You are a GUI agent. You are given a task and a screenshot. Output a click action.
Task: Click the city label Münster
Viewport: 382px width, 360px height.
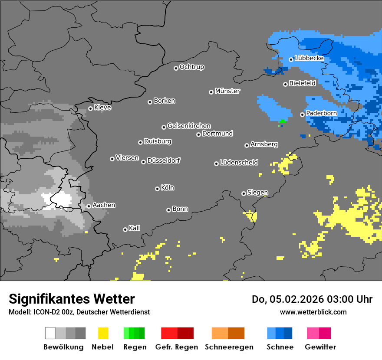[227, 91]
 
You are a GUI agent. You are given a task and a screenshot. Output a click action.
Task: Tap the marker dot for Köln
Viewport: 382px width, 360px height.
[157, 189]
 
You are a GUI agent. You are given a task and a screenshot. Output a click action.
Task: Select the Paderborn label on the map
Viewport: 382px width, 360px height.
[321, 113]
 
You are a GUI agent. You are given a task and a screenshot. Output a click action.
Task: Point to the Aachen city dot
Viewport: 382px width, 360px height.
[89, 206]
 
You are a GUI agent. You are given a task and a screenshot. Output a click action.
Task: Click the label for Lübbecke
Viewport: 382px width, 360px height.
[309, 58]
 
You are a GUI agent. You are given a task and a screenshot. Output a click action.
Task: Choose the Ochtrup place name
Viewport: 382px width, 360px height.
[191, 67]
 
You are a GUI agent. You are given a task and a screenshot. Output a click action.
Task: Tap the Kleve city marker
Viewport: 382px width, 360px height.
[90, 108]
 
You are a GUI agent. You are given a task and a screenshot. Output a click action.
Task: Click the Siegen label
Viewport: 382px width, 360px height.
[257, 193]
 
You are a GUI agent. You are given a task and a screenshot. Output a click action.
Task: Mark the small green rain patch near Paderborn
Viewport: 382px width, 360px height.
[283, 121]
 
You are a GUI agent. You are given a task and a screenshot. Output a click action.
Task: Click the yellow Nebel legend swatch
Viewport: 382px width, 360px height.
[103, 333]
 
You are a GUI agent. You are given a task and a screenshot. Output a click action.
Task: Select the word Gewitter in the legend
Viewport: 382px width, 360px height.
[320, 347]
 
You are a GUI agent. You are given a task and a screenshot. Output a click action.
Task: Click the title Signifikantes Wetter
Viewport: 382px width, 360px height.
[72, 299]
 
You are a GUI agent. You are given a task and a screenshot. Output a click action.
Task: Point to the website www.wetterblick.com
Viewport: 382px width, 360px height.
[313, 312]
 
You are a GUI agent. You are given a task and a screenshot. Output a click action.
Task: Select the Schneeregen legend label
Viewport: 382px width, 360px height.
[228, 347]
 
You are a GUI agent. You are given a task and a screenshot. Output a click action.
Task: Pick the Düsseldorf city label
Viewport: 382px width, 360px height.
[164, 160]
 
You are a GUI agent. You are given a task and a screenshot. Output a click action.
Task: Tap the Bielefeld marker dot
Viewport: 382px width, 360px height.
[285, 84]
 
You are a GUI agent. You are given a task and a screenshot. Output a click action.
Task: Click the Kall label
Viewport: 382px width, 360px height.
[135, 228]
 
